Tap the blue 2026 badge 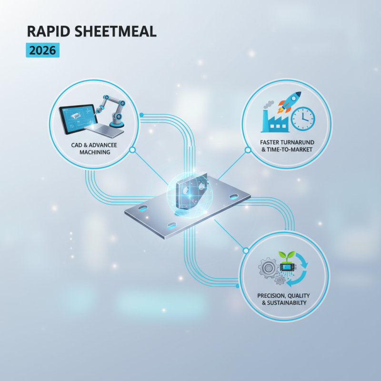pyautogui.click(x=42, y=50)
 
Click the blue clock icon pyautogui.click(x=303, y=118)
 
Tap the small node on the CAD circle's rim pyautogui.click(x=133, y=150)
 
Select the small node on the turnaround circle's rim pyautogui.click(x=248, y=150)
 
